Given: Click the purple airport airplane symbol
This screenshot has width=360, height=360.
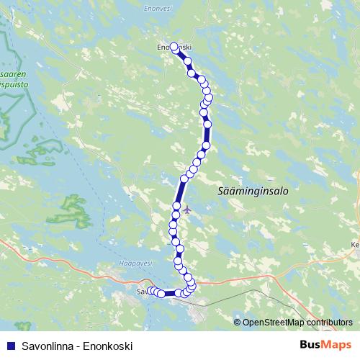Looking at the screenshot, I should pos(188,210).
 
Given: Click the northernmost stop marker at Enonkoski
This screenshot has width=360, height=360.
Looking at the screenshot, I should pos(174,47).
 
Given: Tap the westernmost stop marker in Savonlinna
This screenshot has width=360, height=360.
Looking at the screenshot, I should pos(151,291).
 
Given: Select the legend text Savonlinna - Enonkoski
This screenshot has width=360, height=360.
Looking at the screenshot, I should pos(73,346).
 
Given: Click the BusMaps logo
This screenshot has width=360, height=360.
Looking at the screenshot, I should pos(326,345).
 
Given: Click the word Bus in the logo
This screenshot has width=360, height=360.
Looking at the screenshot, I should pos(311,345).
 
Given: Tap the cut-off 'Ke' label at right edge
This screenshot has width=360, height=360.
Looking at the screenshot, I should pos(354,244).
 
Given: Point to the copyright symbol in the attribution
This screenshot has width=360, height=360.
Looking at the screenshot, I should pos(238,323).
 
